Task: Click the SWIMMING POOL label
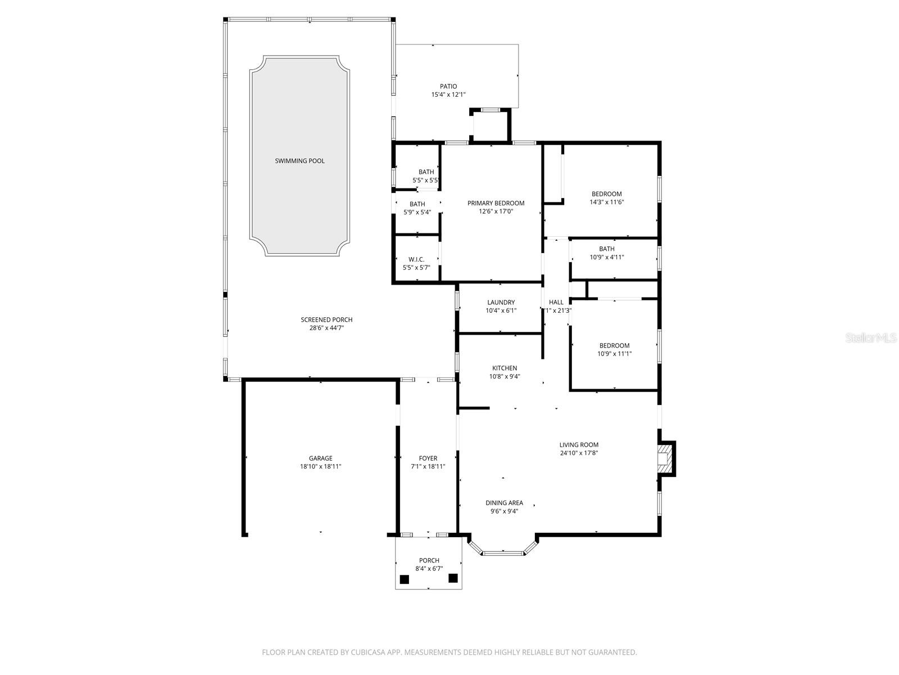tap(299, 161)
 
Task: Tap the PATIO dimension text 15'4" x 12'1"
tap(448, 95)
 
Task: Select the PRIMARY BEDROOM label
tap(496, 203)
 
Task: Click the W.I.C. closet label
tap(416, 259)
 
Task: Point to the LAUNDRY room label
tap(501, 303)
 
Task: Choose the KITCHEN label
tap(505, 368)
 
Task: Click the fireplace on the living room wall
tap(665, 459)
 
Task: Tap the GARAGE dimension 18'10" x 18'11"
tap(320, 466)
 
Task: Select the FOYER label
tap(428, 458)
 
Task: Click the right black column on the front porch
tap(453, 577)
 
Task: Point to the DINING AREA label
tap(504, 503)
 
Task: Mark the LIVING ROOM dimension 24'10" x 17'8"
tap(579, 453)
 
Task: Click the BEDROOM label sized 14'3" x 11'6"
tap(606, 194)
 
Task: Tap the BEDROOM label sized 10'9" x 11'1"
tap(614, 345)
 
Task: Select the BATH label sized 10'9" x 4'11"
tap(606, 249)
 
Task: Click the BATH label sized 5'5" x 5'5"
tap(426, 172)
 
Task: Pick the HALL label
tap(556, 302)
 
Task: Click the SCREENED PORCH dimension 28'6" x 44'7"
tap(326, 327)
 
